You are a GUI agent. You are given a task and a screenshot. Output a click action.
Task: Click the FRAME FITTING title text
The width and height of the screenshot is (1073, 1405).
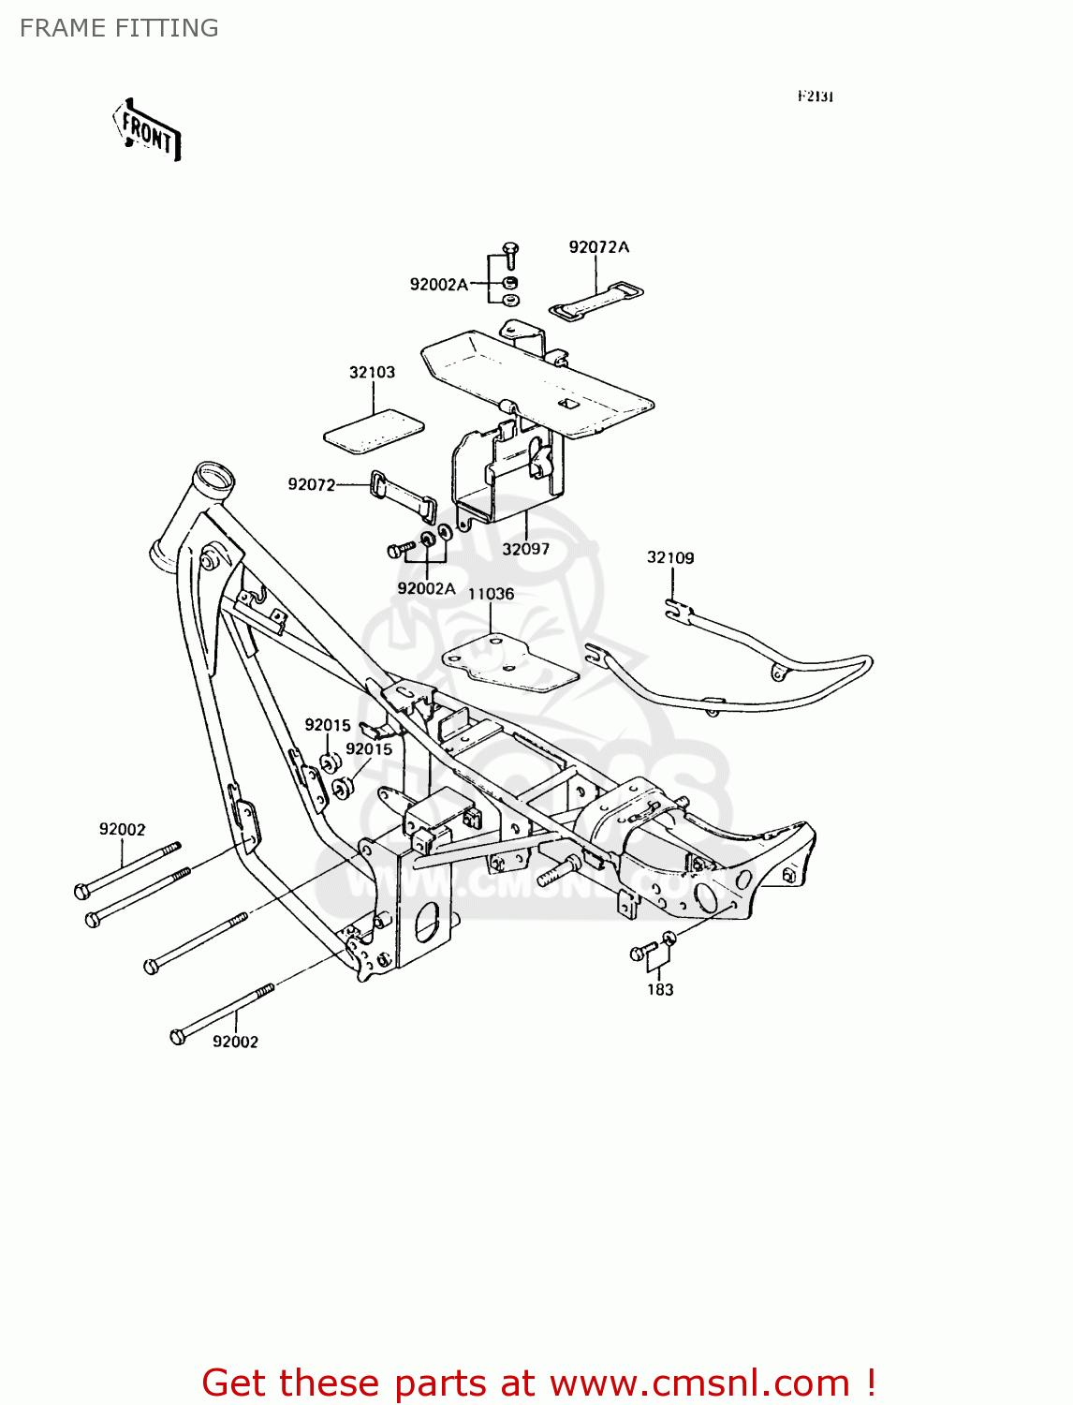click(119, 28)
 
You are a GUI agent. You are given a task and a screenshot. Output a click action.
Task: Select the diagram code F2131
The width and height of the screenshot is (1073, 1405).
click(815, 96)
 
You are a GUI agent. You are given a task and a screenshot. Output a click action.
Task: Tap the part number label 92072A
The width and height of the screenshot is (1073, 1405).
click(598, 247)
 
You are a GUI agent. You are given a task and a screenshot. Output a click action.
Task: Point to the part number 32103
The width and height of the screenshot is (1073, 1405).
click(372, 373)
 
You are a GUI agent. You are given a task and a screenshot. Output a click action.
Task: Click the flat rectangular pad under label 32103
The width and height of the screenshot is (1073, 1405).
click(374, 433)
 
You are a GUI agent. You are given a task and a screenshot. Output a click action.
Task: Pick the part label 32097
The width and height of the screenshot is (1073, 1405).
click(525, 549)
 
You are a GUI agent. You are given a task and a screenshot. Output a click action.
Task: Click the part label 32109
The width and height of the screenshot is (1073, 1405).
click(670, 558)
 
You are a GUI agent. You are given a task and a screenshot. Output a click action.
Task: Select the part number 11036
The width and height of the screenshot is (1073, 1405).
click(491, 594)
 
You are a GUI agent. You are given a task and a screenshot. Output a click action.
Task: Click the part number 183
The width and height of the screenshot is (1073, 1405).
click(660, 989)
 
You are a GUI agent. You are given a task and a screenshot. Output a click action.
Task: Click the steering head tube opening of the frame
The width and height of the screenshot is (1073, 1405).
click(213, 475)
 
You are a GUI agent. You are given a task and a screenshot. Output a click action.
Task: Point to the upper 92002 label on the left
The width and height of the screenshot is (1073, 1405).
click(123, 829)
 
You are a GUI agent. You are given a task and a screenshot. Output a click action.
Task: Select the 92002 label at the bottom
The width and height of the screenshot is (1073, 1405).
click(235, 1042)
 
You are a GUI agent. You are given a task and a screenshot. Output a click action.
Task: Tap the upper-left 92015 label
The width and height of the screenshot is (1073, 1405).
click(327, 725)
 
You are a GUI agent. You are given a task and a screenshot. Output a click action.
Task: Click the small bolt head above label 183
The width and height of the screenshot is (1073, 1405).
click(639, 954)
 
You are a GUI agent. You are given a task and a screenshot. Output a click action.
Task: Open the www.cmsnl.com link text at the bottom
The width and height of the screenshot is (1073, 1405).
click(699, 1383)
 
